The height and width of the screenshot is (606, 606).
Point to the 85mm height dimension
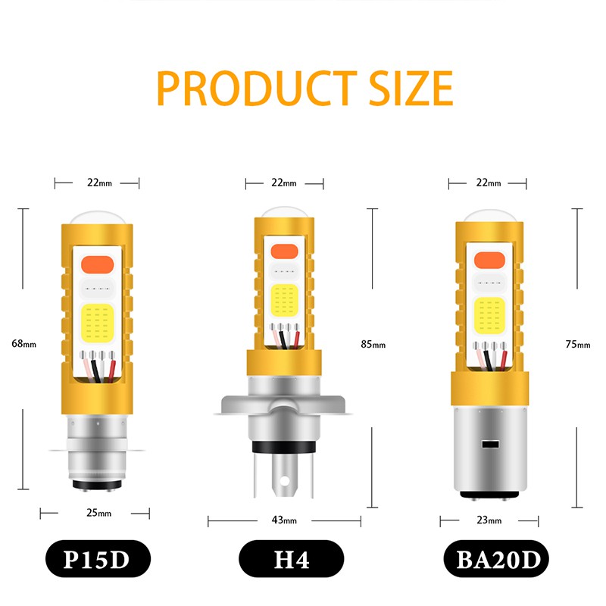(373, 345)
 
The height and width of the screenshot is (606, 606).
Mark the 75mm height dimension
(577, 345)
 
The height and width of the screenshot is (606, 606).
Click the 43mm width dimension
(283, 520)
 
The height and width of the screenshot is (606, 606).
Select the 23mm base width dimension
(489, 520)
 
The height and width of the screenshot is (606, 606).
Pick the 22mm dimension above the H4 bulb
(284, 183)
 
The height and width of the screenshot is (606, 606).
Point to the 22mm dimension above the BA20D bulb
(489, 183)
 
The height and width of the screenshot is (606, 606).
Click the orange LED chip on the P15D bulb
(96, 265)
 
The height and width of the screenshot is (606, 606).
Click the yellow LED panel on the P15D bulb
(96, 322)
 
